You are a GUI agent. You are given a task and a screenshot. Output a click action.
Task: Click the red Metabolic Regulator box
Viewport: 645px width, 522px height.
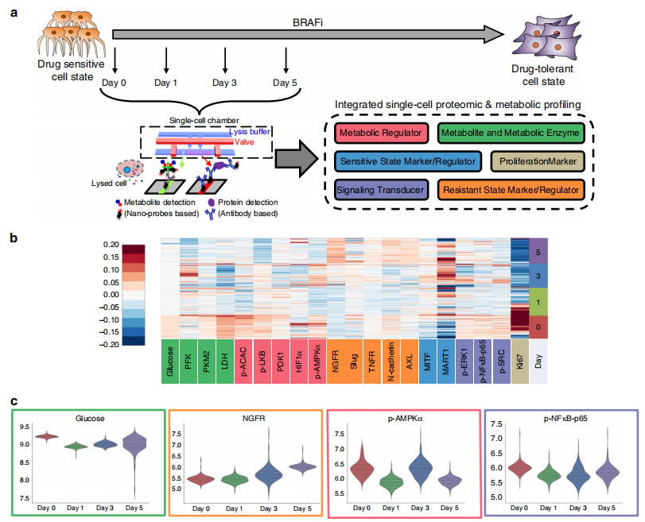[x=383, y=132]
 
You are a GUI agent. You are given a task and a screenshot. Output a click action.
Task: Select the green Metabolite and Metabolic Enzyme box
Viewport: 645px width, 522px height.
[x=511, y=132]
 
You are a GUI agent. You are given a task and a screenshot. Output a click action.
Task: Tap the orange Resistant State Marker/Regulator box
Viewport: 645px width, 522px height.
[x=511, y=191]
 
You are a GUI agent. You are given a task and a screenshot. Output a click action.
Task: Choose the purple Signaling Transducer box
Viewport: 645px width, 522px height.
[x=382, y=191]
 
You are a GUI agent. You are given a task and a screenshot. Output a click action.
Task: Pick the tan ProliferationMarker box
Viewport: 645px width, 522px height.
[x=538, y=161]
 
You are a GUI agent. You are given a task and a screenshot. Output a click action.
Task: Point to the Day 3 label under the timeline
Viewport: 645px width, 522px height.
[x=225, y=83]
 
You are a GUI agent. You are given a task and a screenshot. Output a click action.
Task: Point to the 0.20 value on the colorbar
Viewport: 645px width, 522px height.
[x=108, y=244]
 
